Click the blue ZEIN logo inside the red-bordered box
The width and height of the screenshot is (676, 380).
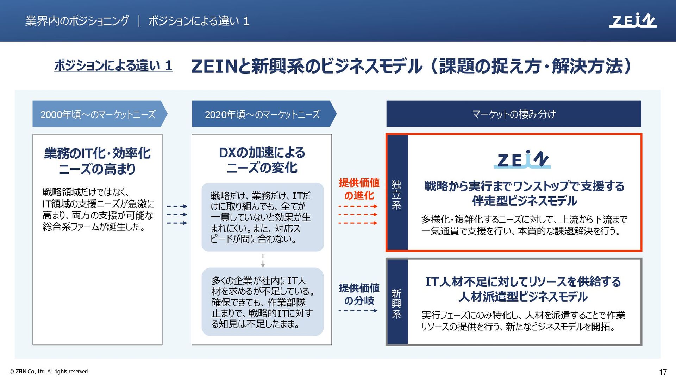pyautogui.click(x=522, y=159)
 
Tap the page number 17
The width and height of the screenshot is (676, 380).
pyautogui.click(x=663, y=372)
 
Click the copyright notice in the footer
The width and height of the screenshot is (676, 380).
pyautogui.click(x=49, y=372)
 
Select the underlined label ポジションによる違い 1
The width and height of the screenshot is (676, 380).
pyautogui.click(x=113, y=65)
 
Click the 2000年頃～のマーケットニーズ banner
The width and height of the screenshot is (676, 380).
pyautogui.click(x=98, y=114)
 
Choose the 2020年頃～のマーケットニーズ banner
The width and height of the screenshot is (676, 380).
pyautogui.click(x=262, y=114)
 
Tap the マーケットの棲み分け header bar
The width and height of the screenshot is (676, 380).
pyautogui.click(x=514, y=114)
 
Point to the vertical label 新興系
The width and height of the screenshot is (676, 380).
pyautogui.click(x=396, y=304)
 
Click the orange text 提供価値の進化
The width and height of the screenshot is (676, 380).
pyautogui.click(x=359, y=189)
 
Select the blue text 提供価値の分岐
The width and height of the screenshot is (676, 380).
pyautogui.click(x=359, y=294)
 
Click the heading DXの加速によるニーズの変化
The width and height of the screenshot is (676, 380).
pyautogui.click(x=262, y=160)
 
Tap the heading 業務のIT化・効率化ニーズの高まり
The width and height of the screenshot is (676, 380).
pyautogui.click(x=97, y=161)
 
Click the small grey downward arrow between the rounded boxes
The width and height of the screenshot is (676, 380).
pyautogui.click(x=263, y=261)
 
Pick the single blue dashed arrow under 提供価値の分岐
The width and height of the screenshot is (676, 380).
pyautogui.click(x=358, y=311)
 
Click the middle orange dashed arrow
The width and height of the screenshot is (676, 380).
pyautogui.click(x=358, y=214)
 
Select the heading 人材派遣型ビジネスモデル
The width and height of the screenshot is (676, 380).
pyautogui.click(x=523, y=297)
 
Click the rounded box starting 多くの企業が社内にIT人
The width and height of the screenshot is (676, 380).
pyautogui.click(x=262, y=302)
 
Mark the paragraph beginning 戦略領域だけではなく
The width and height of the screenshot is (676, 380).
pyautogui.click(x=98, y=209)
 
